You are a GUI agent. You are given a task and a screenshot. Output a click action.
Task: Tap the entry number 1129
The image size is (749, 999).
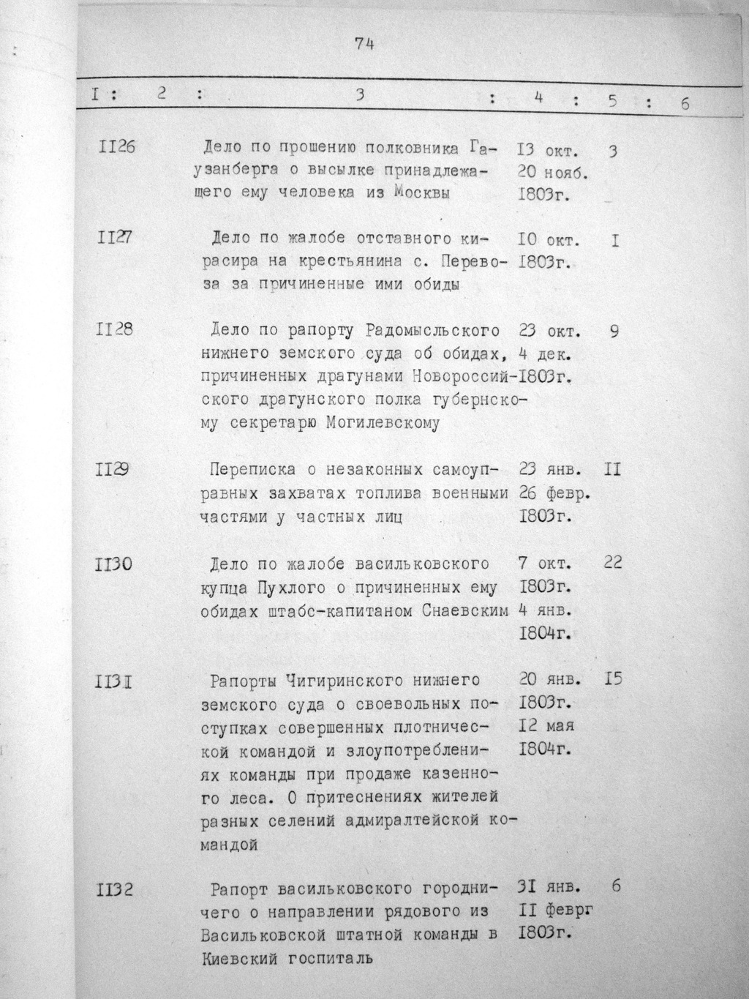tap(113, 471)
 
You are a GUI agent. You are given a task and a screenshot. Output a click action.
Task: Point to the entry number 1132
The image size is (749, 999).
tap(114, 891)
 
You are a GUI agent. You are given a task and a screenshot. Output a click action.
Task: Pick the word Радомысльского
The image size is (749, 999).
tap(432, 331)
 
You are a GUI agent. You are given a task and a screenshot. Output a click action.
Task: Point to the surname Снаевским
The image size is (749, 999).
tap(465, 610)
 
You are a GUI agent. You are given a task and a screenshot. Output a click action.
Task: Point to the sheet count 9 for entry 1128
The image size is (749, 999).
tap(614, 331)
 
